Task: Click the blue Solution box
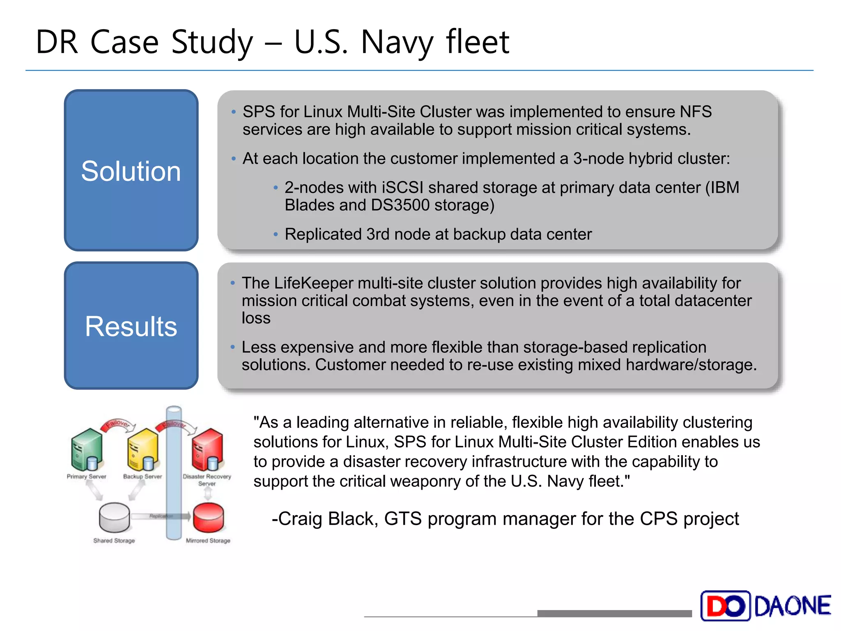tap(131, 170)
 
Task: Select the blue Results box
tap(131, 326)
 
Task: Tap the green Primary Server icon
tap(87, 450)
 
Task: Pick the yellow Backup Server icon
tap(142, 450)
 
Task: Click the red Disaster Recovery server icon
tap(207, 450)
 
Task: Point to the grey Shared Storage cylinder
tap(114, 518)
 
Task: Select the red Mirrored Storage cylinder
tap(208, 518)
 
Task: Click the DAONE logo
tap(766, 606)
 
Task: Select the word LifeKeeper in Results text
tap(313, 283)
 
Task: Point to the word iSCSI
tap(402, 188)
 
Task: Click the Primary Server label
tap(87, 477)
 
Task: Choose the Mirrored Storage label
tap(208, 541)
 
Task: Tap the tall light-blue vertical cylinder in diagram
tap(174, 472)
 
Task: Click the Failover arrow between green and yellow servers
tap(117, 424)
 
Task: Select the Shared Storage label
tap(114, 541)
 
